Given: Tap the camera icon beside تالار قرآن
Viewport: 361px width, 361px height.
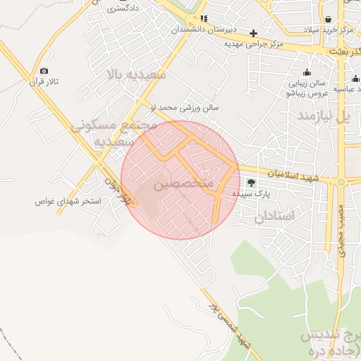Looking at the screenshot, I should coord(44,71).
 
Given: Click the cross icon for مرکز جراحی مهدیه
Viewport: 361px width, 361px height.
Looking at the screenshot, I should coord(253,33).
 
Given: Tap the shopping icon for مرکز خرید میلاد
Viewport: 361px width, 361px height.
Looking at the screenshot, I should coord(329,19).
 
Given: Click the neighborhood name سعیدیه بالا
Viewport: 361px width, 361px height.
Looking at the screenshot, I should coord(136,74).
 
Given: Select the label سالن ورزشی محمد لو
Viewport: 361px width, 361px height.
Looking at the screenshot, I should coord(184,108).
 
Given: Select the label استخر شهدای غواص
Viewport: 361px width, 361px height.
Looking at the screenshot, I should coord(68,202).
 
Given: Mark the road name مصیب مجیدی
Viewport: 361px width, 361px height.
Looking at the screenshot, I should coord(341,230).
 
